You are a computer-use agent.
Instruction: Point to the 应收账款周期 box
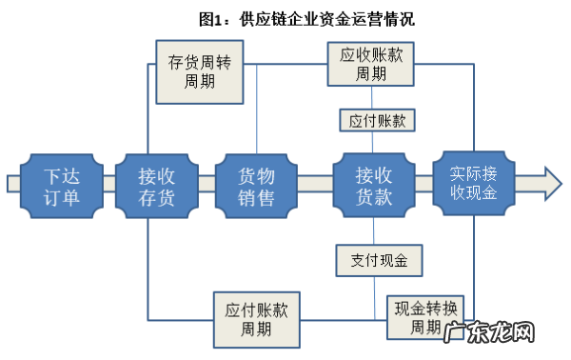point(371,64)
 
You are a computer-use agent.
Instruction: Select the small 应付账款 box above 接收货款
point(372,120)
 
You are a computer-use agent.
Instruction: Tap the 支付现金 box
point(373,258)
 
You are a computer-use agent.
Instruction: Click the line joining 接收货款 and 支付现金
point(373,230)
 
